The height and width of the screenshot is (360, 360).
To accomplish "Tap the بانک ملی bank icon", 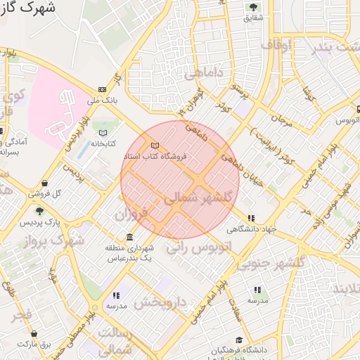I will (x=103, y=90).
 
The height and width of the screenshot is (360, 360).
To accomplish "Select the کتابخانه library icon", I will (x=103, y=132).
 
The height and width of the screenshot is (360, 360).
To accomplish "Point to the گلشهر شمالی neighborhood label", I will (x=198, y=200).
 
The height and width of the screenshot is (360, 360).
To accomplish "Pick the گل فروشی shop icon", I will (x=46, y=183).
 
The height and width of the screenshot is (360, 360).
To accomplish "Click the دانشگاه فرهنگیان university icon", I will (x=239, y=340).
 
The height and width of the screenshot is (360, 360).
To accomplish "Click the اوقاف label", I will (x=276, y=46).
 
